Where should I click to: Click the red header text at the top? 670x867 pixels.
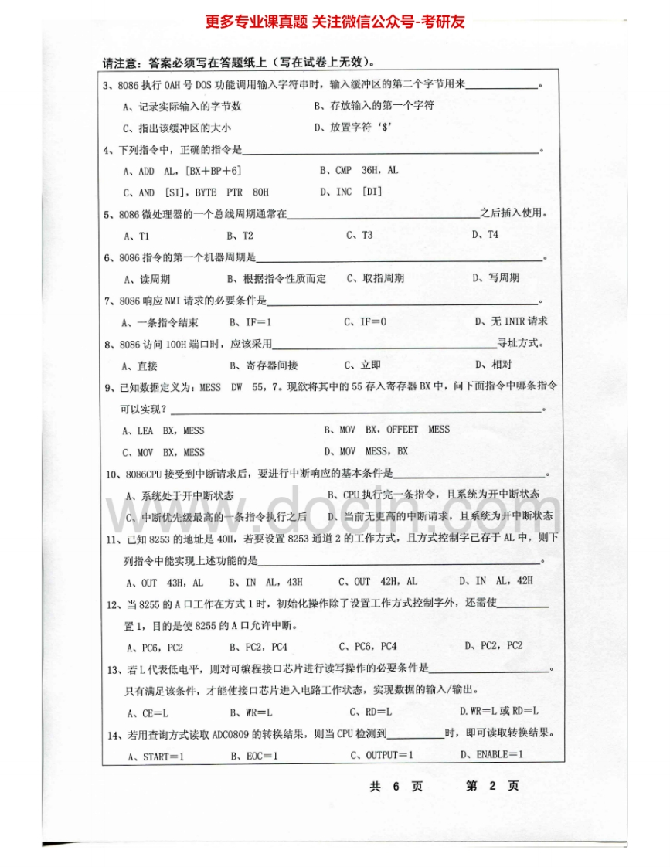tap(335, 22)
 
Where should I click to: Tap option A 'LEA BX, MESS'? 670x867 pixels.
tap(164, 430)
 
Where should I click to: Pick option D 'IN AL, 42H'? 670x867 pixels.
tap(495, 581)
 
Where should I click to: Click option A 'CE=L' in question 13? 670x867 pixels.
tap(148, 712)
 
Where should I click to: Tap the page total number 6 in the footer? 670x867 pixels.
tap(396, 786)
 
